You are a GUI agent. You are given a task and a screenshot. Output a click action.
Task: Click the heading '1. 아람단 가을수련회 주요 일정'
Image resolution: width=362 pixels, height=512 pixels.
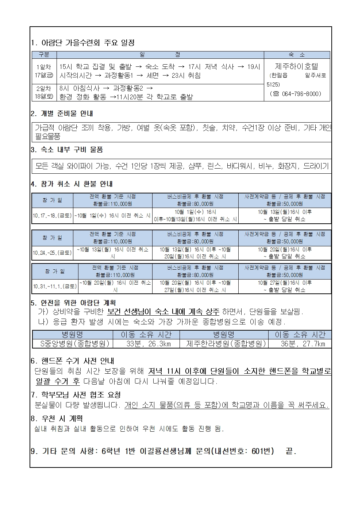point(83,43)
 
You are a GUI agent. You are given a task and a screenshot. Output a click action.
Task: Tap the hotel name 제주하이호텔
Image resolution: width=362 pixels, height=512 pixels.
point(296,66)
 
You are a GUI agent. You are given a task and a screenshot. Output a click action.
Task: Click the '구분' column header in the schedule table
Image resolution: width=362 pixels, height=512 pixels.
point(44,55)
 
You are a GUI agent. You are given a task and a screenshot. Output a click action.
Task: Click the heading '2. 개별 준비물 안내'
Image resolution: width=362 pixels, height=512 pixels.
point(62,113)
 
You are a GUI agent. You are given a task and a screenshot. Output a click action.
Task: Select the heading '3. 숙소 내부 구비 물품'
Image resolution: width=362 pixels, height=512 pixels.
point(67,149)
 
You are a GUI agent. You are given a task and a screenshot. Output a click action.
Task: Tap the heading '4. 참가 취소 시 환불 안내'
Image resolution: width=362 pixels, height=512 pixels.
point(72,184)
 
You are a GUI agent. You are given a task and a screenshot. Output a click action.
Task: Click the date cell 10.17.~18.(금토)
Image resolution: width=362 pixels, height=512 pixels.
point(52,216)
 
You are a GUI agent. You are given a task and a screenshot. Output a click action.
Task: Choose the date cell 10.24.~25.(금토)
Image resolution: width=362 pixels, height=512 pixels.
point(52,253)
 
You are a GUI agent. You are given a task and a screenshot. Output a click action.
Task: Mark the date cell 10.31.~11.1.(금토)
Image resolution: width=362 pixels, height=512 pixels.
point(55,286)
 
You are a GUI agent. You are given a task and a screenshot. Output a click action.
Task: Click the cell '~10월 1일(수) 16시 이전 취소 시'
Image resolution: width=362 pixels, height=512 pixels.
point(112,216)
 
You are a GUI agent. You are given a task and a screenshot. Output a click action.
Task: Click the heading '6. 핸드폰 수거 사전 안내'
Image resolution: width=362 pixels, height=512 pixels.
point(72,361)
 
